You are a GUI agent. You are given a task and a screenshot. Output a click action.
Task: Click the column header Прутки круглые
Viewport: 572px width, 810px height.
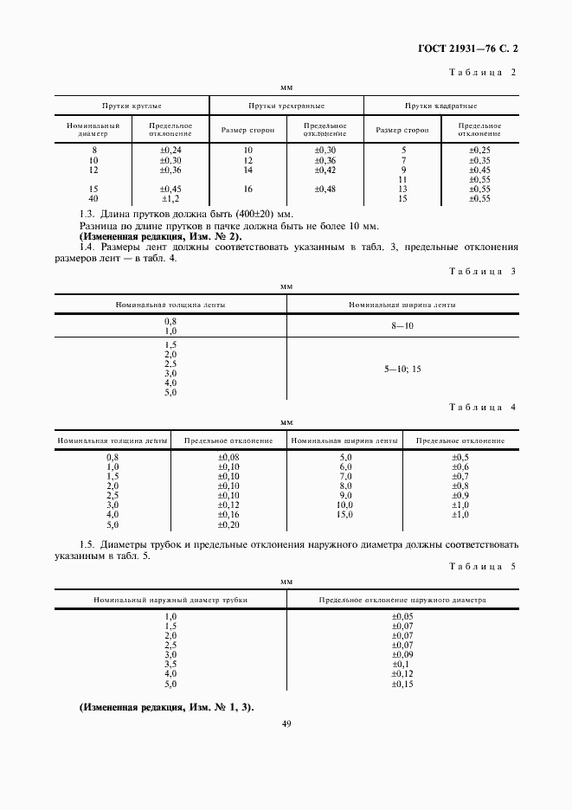[132, 106]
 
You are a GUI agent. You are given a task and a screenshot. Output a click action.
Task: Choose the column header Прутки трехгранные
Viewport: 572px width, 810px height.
[286, 106]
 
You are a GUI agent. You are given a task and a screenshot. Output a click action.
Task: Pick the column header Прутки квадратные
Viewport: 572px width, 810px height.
[441, 106]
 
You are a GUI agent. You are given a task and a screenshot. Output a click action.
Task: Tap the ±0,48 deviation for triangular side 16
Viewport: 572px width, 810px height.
[325, 189]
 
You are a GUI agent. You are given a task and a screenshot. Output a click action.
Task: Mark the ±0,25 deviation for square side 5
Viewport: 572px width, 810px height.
[479, 150]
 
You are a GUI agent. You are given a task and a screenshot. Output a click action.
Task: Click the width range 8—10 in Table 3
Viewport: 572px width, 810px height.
[402, 325]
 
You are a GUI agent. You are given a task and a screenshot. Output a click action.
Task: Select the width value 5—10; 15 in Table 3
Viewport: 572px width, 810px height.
[402, 369]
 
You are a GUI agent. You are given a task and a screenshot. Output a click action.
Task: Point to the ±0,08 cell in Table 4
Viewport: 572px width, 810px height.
[228, 457]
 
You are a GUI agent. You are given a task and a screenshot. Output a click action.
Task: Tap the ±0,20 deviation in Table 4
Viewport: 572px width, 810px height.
[228, 524]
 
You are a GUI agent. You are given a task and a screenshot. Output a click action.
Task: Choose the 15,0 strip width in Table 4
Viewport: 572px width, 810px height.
[345, 515]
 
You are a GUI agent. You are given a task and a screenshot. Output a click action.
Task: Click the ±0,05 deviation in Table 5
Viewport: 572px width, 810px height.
[402, 615]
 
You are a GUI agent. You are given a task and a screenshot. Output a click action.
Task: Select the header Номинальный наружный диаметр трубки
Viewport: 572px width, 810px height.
[170, 599]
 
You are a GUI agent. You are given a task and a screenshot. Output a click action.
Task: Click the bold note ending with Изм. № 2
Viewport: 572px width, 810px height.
[160, 236]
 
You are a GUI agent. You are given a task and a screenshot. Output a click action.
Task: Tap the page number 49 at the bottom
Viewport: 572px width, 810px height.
[286, 723]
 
